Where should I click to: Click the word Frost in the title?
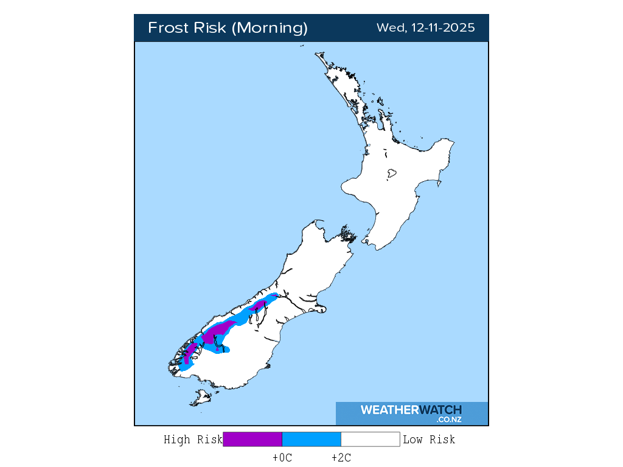click(x=168, y=28)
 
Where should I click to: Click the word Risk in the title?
click(x=211, y=28)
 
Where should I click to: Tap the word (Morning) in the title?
click(x=271, y=28)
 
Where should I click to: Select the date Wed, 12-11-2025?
click(x=425, y=28)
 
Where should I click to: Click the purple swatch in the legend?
click(x=252, y=440)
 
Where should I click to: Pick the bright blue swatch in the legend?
click(x=311, y=440)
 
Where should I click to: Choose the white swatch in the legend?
click(x=370, y=440)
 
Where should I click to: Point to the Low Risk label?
click(x=429, y=440)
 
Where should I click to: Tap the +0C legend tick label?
click(x=282, y=458)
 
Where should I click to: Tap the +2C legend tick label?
click(x=341, y=458)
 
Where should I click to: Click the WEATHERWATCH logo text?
click(x=411, y=410)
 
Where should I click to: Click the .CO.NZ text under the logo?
click(x=448, y=420)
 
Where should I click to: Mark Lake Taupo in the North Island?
click(x=391, y=173)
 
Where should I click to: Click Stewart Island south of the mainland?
click(x=200, y=398)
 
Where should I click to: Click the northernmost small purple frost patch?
click(x=261, y=304)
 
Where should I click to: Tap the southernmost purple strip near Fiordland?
click(x=189, y=352)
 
